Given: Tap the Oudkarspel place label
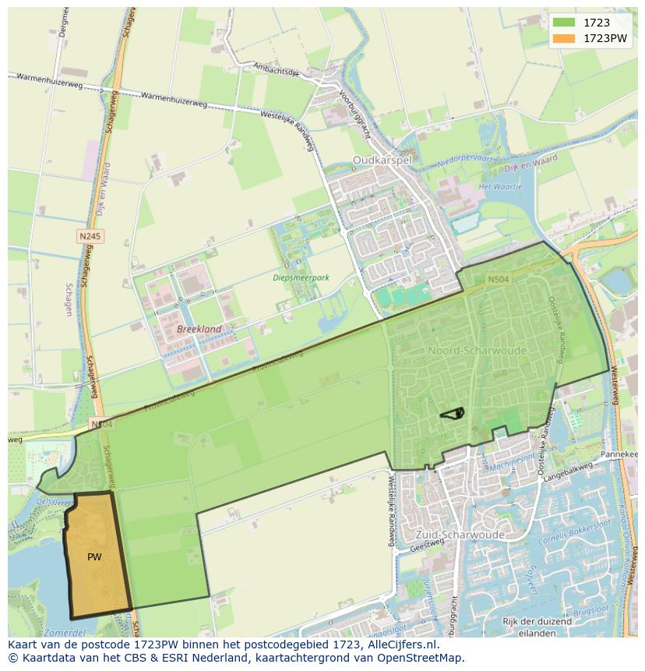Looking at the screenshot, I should (x=381, y=160).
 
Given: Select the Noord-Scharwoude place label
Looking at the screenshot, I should (x=477, y=351).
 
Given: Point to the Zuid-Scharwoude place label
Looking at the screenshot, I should (x=460, y=535).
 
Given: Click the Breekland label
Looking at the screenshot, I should (x=199, y=330).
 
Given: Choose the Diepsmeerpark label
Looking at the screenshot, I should (x=301, y=277).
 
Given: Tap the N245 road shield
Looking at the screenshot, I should (x=90, y=235).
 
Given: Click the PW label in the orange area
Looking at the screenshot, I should (x=94, y=557).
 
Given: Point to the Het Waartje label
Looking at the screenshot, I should (x=499, y=187).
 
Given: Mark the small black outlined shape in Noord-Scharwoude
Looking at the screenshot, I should (x=453, y=413).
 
